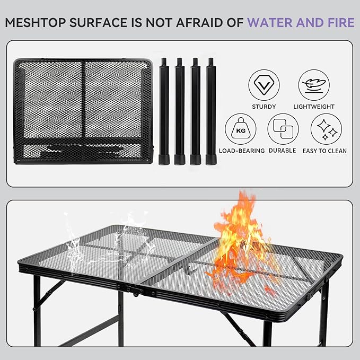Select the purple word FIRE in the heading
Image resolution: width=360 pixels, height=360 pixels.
(x=339, y=23)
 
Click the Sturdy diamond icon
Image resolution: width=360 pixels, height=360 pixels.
(x=264, y=85)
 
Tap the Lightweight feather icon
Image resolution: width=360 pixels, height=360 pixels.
(x=314, y=85)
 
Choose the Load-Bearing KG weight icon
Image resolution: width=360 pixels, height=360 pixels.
(x=241, y=129)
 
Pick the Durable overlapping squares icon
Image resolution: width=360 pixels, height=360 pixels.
(x=283, y=129)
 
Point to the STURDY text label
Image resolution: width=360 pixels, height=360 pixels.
(x=264, y=107)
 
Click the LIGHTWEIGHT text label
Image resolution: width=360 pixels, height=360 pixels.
(x=314, y=107)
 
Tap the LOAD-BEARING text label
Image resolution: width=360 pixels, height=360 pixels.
(x=242, y=151)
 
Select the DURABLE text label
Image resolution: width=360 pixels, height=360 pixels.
(x=283, y=151)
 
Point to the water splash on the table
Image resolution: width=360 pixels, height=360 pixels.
(x=106, y=236)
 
